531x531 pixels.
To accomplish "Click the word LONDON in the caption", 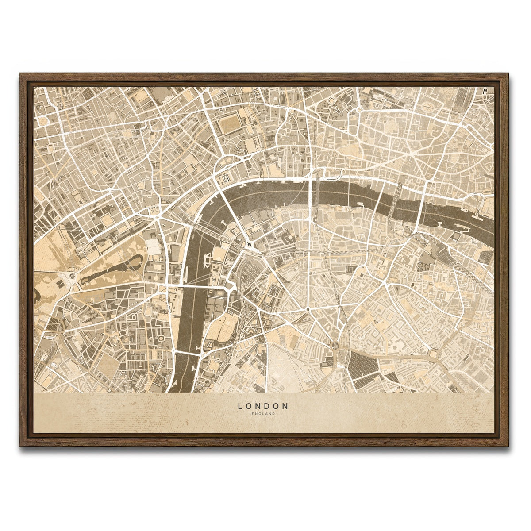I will (x=263, y=405).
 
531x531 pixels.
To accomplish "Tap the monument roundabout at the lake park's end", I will (x=71, y=277).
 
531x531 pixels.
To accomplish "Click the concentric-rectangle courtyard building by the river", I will (x=226, y=178).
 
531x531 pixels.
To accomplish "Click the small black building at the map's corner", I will (x=485, y=91).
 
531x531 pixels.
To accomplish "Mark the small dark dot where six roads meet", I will (x=307, y=308).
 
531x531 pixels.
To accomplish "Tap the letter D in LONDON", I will (x=267, y=405).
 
